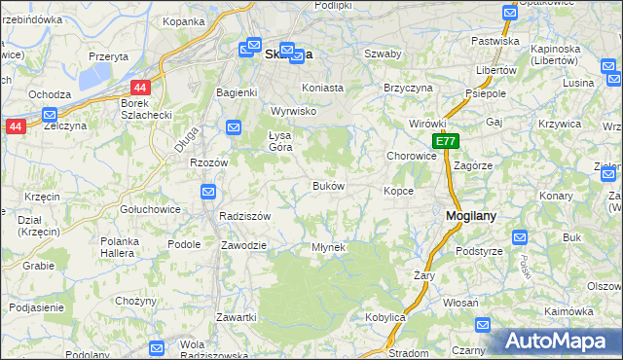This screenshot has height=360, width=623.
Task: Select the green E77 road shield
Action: (445, 142)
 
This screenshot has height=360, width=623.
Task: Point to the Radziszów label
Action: (244, 216)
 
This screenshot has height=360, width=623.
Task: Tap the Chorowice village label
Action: (411, 156)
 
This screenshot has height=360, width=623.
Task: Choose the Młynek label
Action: (328, 247)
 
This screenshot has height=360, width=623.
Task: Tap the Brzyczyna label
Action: (408, 87)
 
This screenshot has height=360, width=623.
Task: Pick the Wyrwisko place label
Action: (294, 111)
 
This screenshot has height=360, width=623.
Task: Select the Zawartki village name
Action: (237, 317)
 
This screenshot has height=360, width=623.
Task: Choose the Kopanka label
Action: (183, 20)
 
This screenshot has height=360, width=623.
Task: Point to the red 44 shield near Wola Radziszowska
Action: (156, 347)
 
